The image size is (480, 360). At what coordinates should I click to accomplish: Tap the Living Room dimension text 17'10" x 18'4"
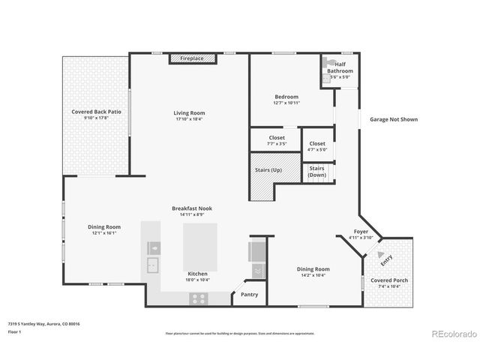(x=189, y=118)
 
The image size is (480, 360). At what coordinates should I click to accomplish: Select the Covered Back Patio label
(x=96, y=112)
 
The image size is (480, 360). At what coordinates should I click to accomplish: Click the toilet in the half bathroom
(x=327, y=65)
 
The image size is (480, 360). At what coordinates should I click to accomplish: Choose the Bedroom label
(x=286, y=97)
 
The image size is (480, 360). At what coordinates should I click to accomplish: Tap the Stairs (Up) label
(x=268, y=169)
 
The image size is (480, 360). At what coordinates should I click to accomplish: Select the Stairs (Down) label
(x=317, y=172)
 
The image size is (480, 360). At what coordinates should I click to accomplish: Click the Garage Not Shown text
(x=393, y=119)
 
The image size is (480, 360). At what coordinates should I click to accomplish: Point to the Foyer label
(x=361, y=232)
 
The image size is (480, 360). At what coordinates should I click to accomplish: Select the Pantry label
(x=249, y=295)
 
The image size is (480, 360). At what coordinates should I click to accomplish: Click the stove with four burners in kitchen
(x=199, y=298)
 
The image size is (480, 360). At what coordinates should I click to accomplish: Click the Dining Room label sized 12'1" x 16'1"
(x=105, y=226)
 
